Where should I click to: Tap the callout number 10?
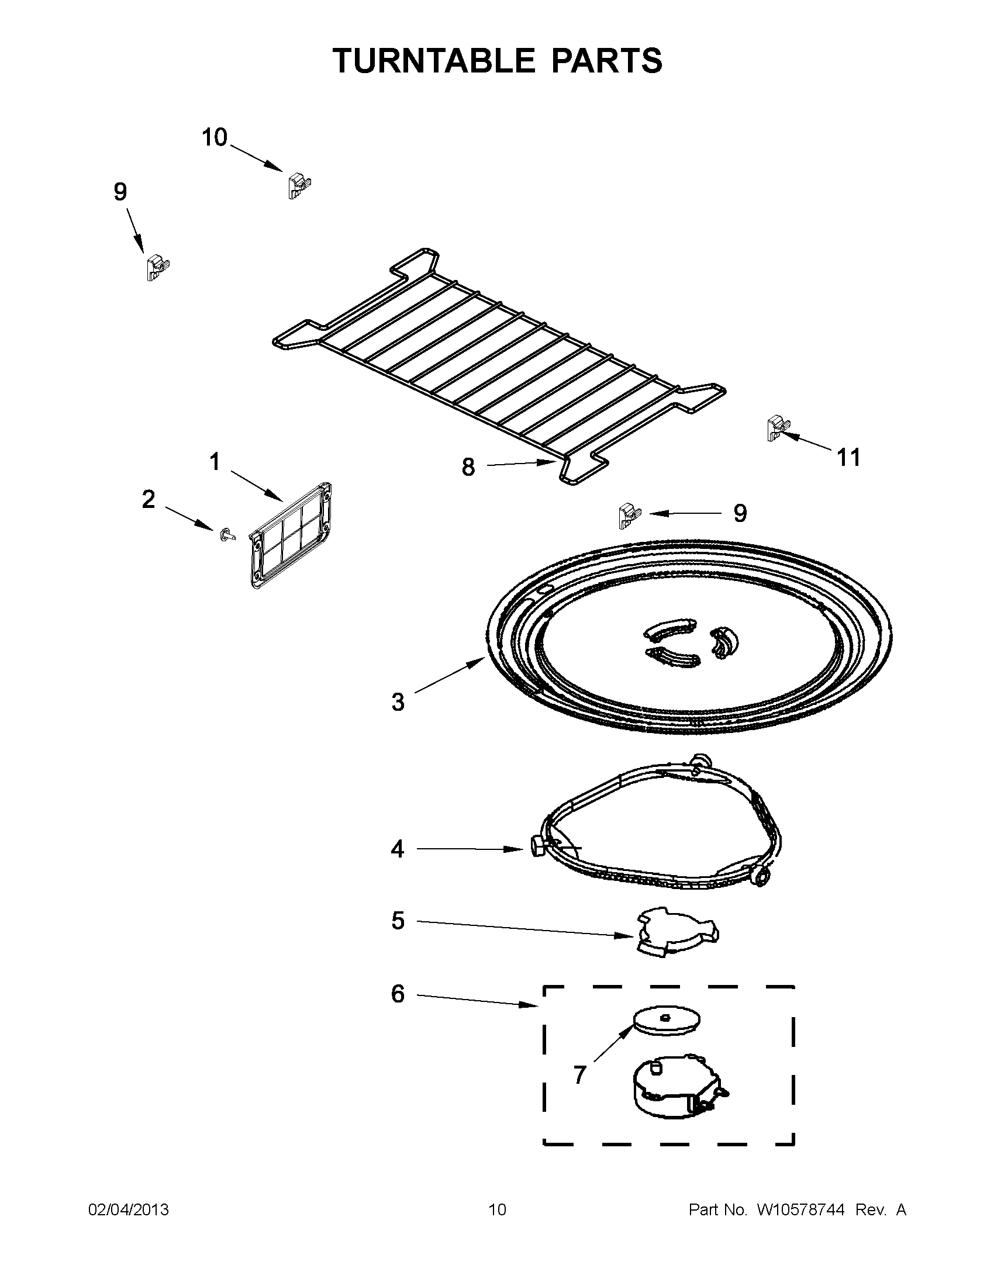click(x=215, y=138)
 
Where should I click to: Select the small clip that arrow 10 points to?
click(x=299, y=185)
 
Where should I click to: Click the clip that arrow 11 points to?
click(x=777, y=428)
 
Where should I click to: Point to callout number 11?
click(x=848, y=458)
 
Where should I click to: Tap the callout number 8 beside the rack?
click(x=468, y=468)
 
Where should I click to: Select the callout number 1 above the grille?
click(x=215, y=462)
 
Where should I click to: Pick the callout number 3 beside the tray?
click(x=398, y=703)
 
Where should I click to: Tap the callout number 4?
click(x=398, y=849)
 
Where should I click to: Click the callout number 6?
click(x=398, y=994)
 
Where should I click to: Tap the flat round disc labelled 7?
click(x=667, y=1019)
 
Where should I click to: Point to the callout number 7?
click(x=580, y=1075)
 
